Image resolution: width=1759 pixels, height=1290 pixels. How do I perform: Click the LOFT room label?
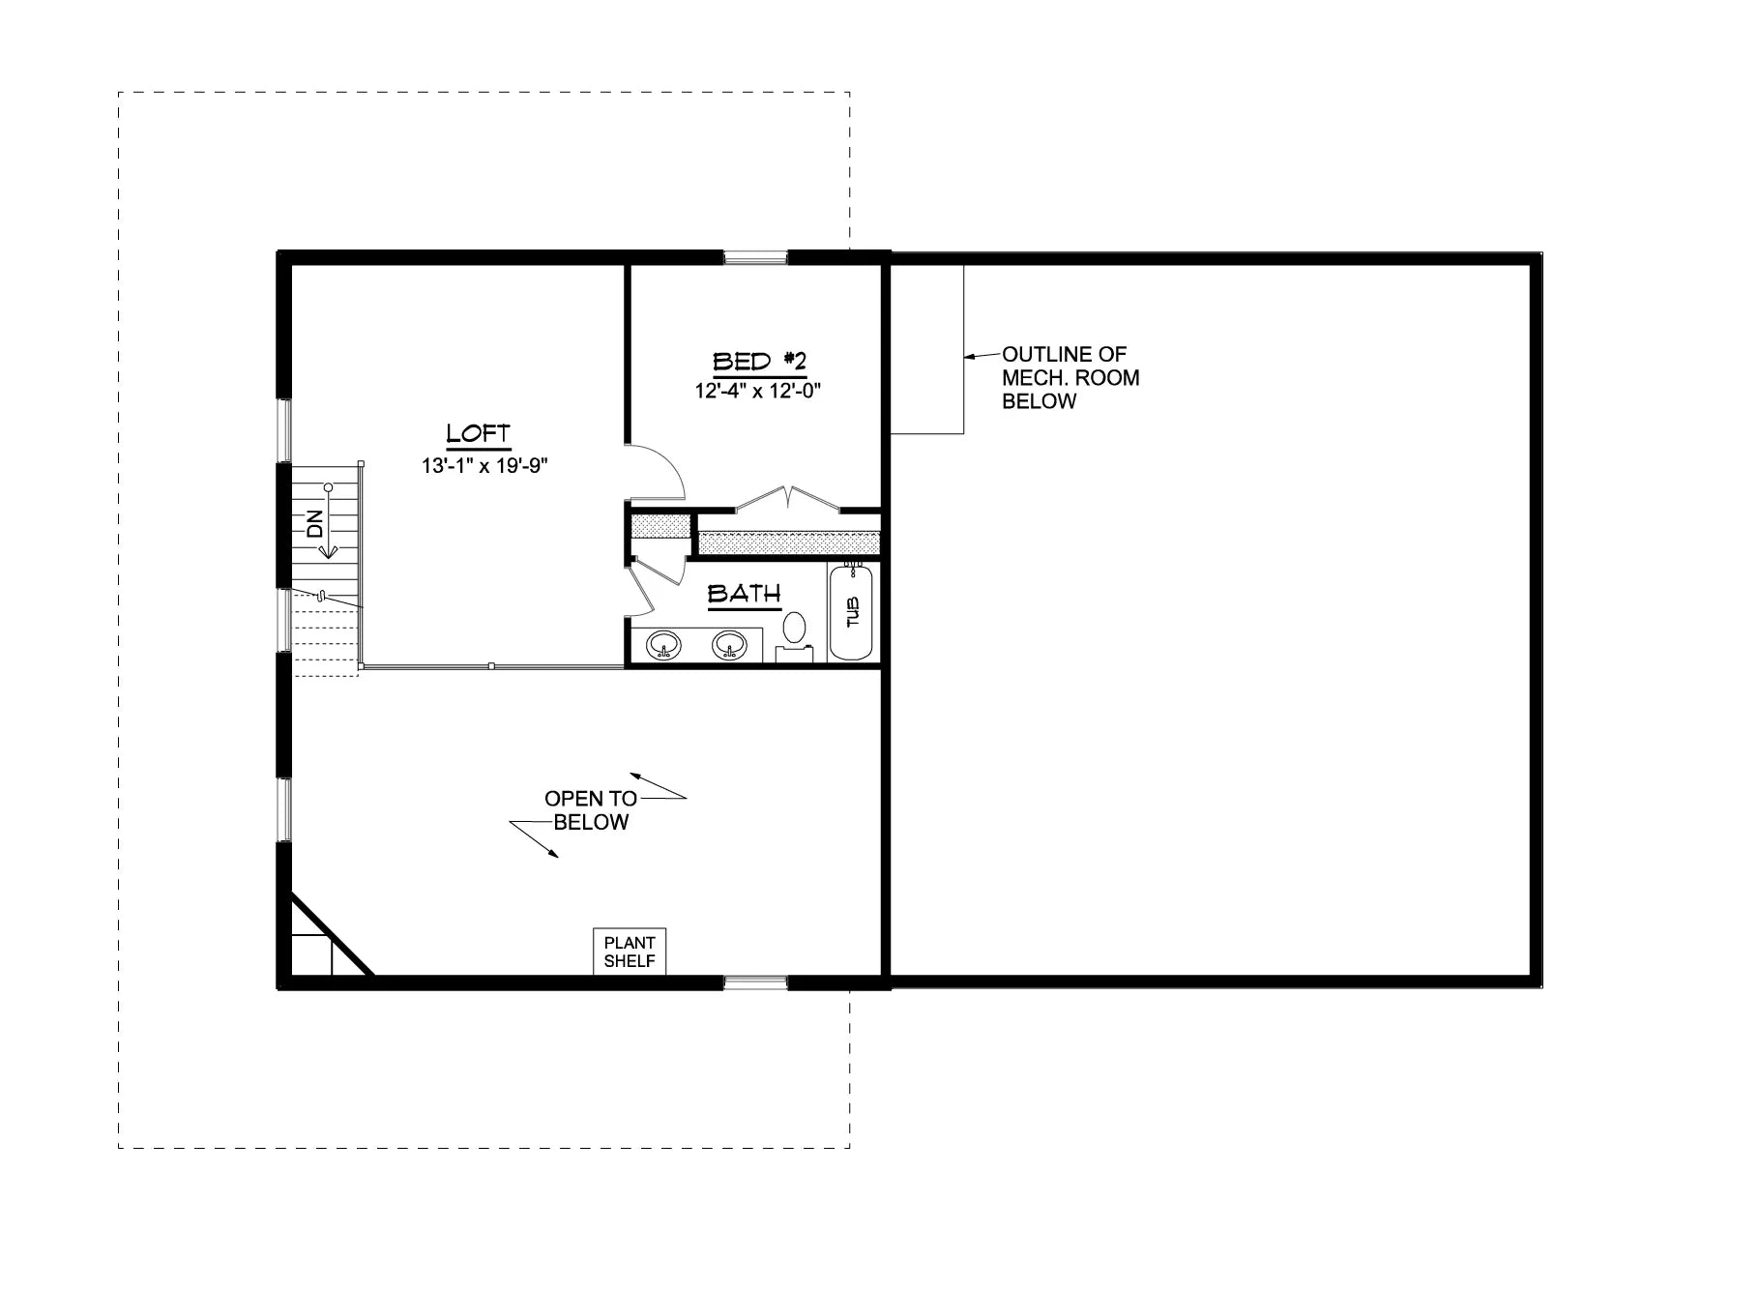pos(478,434)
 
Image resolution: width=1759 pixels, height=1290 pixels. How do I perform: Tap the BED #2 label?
pos(759,363)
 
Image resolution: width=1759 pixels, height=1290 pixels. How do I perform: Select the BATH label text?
pos(744,594)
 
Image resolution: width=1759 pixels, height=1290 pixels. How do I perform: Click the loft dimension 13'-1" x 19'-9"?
pos(484,466)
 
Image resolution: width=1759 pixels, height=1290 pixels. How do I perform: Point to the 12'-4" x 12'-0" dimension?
pos(758,392)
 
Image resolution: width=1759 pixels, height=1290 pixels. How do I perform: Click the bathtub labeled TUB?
pos(852,613)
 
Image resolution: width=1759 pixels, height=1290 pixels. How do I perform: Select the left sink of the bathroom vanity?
pos(663,644)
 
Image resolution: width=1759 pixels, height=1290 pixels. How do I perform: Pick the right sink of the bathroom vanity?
pos(729,644)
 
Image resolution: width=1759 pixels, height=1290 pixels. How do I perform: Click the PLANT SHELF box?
pos(630,952)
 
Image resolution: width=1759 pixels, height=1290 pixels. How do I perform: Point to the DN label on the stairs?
pos(314,524)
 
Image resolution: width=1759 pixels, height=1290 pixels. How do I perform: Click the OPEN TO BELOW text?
pos(591,810)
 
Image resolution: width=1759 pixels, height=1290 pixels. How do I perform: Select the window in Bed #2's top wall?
pos(756,257)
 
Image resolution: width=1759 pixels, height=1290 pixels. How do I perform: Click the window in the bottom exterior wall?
pos(756,983)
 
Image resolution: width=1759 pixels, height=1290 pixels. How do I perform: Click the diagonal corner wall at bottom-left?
pos(333,934)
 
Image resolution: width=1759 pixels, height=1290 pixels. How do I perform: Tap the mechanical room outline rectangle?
pos(926,349)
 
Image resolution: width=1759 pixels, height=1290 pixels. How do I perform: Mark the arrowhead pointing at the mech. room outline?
pos(969,356)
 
